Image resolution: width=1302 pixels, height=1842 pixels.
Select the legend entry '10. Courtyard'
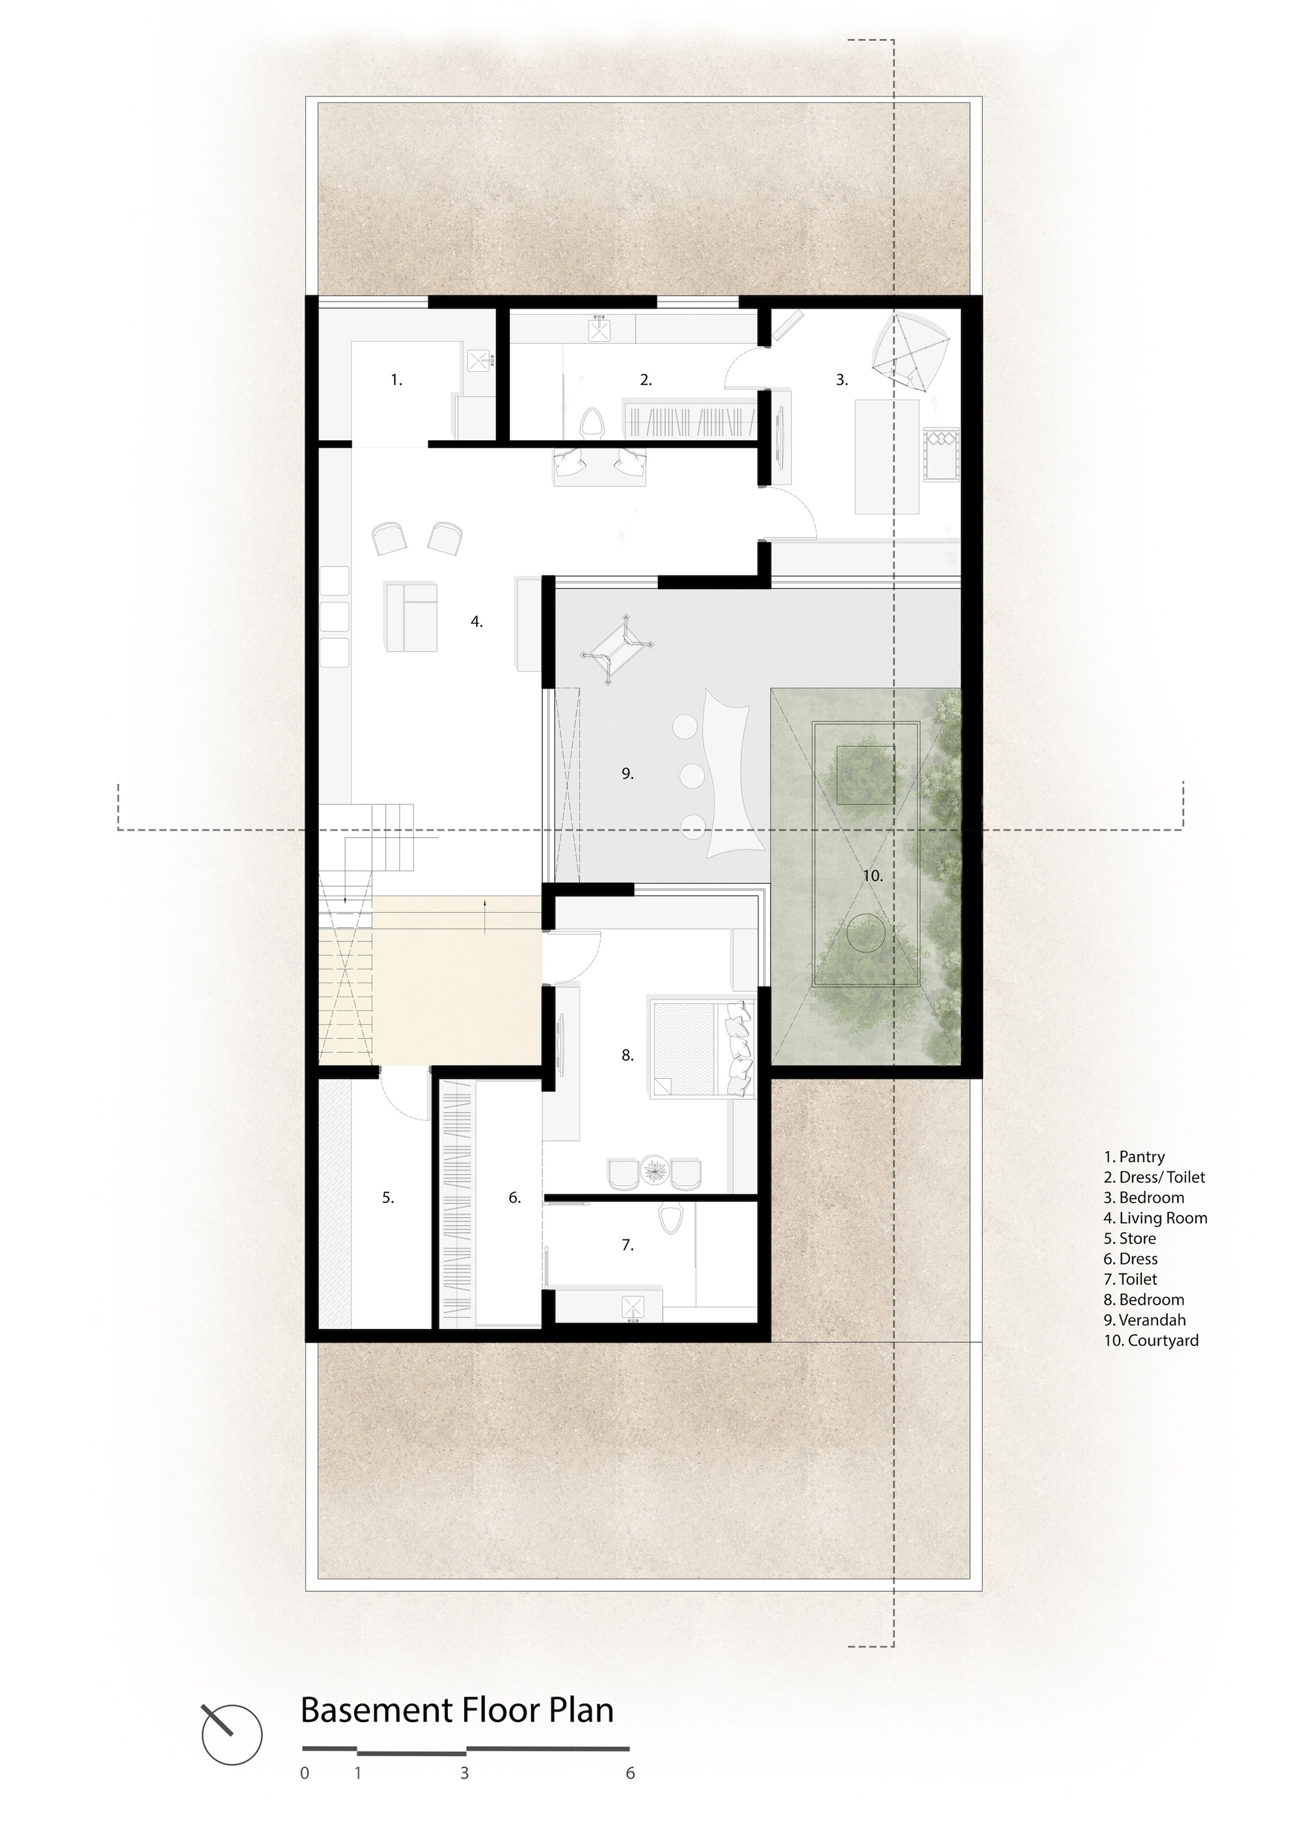click(1150, 1341)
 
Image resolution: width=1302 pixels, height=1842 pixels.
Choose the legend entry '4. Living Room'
click(1154, 1218)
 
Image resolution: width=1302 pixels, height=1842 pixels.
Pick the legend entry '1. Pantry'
click(1133, 1157)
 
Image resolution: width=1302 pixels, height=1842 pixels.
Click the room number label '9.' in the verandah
click(628, 774)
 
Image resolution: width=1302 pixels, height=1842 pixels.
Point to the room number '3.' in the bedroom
click(842, 380)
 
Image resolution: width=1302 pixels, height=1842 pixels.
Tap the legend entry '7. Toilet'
click(1129, 1279)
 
